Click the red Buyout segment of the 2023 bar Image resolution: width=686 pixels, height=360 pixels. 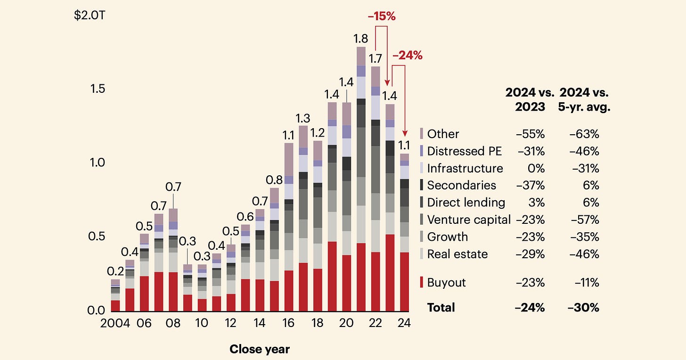(x=390, y=273)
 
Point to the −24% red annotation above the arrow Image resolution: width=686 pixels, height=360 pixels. (x=408, y=56)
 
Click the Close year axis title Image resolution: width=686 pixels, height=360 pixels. (x=260, y=349)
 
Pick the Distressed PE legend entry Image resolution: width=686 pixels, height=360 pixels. (x=464, y=151)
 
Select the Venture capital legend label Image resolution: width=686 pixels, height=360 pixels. (x=468, y=220)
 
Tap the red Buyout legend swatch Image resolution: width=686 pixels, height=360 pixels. (x=422, y=283)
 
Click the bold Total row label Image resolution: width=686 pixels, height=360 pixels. (x=441, y=308)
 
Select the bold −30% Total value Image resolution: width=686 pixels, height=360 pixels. (x=584, y=308)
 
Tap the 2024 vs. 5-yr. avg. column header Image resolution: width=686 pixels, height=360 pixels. (x=583, y=99)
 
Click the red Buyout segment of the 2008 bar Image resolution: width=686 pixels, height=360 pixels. (x=173, y=292)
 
